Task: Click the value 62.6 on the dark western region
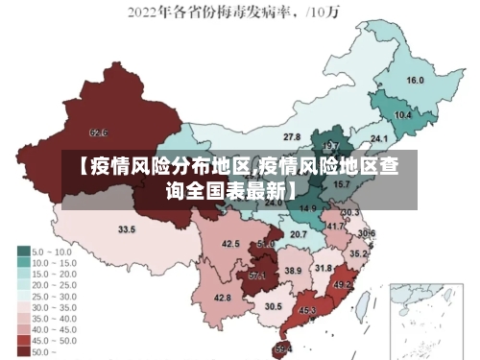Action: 98,132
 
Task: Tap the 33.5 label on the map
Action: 127,229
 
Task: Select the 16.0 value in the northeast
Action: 416,81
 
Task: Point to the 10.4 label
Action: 403,115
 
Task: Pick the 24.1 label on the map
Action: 379,137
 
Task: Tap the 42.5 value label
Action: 230,244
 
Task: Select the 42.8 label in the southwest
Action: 223,298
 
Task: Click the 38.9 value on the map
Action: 292,271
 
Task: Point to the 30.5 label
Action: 274,306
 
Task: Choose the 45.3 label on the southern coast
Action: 307,310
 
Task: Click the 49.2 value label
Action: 342,285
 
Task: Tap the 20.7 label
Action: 299,233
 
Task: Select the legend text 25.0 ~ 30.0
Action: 59,298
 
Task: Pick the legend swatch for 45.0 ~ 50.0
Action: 24,341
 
